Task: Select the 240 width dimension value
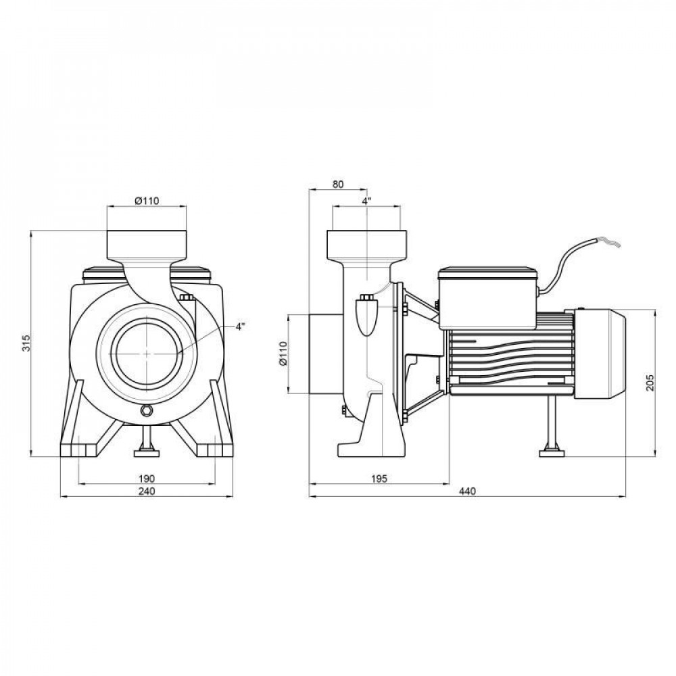pos(146,491)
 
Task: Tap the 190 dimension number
pos(146,478)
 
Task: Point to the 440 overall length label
pos(467,491)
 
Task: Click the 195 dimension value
pos(379,478)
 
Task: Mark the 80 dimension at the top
pos(338,184)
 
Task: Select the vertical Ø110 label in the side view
pos(283,353)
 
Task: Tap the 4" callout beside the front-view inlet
pos(241,327)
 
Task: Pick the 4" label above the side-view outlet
pos(366,201)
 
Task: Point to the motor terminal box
pos(487,297)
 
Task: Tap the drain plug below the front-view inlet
pos(147,411)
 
